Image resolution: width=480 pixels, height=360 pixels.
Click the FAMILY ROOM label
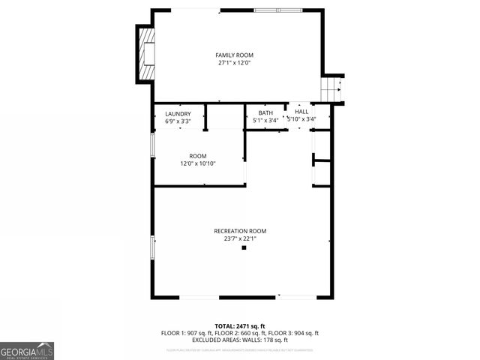pos(235,55)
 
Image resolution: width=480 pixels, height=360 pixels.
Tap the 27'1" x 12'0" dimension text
pos(235,64)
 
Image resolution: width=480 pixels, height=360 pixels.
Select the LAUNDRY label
pos(178,114)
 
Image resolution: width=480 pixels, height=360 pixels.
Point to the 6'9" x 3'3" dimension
pos(178,121)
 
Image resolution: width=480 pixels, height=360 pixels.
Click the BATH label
pos(265,113)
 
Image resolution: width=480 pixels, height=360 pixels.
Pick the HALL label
pos(301,111)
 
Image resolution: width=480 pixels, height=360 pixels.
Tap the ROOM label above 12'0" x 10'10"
pos(198,156)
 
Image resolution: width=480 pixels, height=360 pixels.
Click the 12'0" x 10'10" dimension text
pos(198,163)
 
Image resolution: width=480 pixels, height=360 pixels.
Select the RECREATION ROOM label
pos(240,231)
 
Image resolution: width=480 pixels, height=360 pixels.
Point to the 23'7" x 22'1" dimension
pos(240,238)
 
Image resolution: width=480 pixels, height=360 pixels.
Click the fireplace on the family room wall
pos(147,55)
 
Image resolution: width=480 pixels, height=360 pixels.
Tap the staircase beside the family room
pos(331,91)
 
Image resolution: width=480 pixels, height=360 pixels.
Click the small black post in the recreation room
pos(244,247)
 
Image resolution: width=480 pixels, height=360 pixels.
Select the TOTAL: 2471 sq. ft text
pos(240,326)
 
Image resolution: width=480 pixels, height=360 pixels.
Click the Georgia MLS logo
pos(27,350)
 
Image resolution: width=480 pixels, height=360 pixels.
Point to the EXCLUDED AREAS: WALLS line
pos(240,340)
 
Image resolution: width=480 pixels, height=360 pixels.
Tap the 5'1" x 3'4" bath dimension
pos(265,120)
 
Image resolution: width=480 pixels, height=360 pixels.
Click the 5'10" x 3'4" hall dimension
pos(301,118)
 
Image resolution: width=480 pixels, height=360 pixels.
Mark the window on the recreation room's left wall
pos(153,247)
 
